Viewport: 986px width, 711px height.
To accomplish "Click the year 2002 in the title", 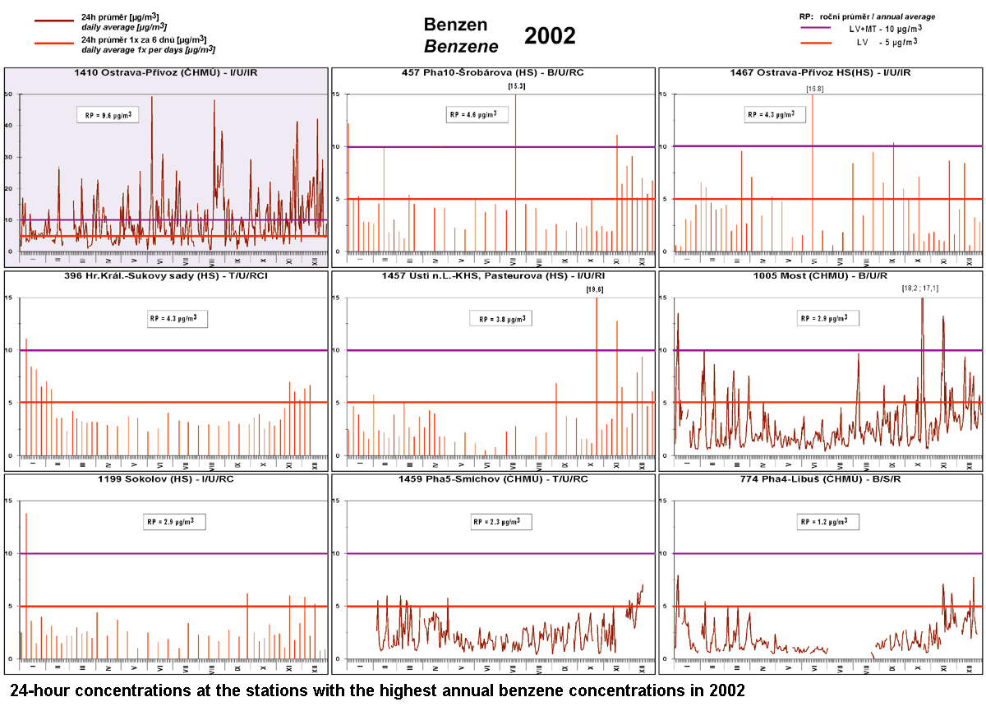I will point(550,36).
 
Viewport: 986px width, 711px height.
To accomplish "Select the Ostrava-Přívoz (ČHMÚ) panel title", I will point(167,73).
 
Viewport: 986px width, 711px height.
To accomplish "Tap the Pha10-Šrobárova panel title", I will point(493,73).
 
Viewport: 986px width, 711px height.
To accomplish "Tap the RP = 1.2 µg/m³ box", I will point(827,522).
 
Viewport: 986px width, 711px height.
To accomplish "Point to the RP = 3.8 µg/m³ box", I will point(501,319).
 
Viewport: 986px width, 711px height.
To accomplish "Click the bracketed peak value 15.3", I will point(517,85).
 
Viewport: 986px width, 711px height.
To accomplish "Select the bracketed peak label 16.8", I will point(813,85).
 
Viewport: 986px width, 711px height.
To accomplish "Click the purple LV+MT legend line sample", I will point(819,28).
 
